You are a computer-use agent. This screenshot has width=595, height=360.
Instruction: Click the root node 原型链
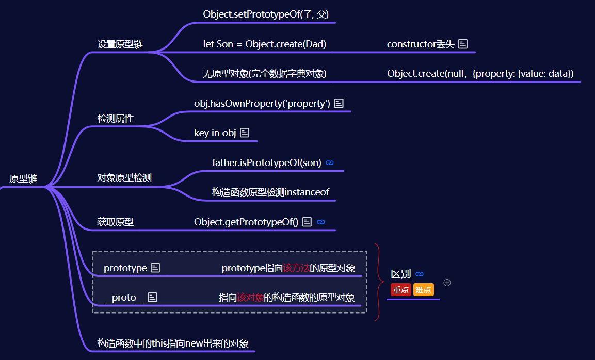(23, 179)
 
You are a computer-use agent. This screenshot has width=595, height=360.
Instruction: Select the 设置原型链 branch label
(120, 44)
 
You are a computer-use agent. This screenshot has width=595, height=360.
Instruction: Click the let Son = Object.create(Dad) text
(264, 44)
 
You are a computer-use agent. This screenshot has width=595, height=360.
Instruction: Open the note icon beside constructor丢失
(463, 44)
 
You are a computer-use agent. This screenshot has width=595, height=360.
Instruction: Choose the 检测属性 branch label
(116, 119)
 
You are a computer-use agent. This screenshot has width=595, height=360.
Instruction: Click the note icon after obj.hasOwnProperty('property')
(339, 104)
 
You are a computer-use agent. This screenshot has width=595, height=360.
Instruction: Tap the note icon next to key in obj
(245, 133)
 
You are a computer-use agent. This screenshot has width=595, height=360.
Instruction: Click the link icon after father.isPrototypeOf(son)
(330, 163)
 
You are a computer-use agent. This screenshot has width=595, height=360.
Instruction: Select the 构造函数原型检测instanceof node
(270, 192)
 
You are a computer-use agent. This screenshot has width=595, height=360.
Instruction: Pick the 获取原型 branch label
(116, 222)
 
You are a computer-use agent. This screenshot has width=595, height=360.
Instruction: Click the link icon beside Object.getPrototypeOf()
(321, 222)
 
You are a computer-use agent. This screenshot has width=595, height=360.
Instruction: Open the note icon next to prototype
(155, 268)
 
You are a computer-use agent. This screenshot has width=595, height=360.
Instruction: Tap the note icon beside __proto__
(152, 297)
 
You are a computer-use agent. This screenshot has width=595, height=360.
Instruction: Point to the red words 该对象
(250, 298)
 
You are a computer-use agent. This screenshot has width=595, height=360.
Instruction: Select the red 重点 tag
(401, 290)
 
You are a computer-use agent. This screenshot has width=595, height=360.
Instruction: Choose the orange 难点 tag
(423, 290)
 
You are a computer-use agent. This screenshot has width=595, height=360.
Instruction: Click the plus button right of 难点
(447, 283)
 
